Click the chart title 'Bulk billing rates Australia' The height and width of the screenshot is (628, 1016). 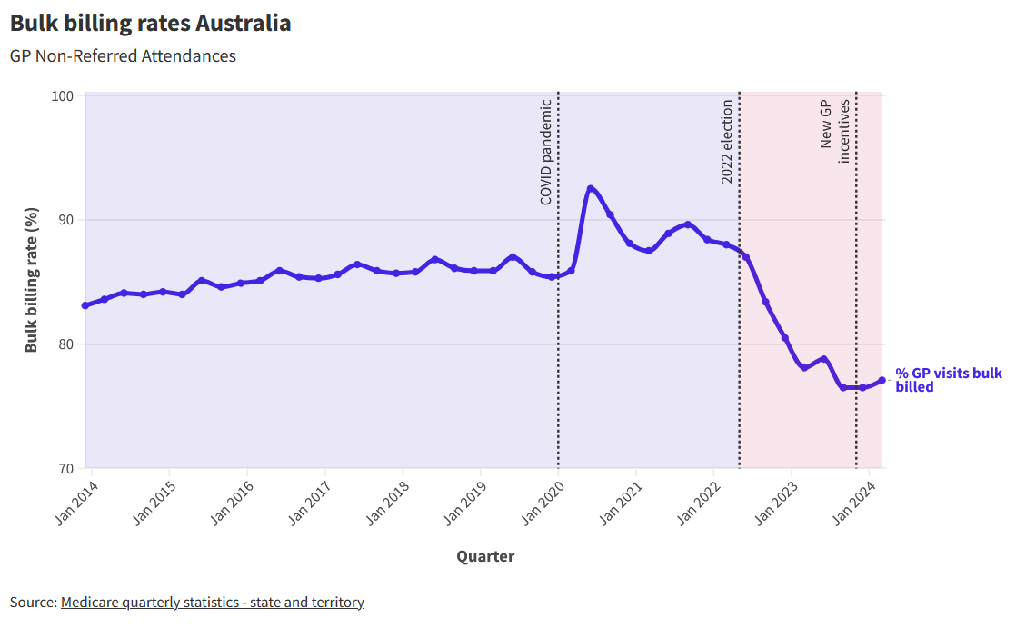tap(151, 24)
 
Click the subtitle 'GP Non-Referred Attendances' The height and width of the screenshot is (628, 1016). tap(123, 56)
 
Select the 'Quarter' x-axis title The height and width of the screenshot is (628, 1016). tap(484, 556)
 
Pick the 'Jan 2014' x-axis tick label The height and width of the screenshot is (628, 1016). tap(75, 502)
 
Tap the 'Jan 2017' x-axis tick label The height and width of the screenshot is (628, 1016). tap(309, 502)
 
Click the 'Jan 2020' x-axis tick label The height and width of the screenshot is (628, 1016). tap(543, 502)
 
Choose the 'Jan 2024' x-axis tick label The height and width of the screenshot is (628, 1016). tap(854, 502)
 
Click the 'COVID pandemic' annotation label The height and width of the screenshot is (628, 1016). tap(546, 152)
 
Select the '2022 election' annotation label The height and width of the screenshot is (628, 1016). tap(727, 141)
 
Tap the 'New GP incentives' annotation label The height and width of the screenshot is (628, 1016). tap(835, 129)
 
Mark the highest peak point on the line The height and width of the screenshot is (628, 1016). tap(591, 189)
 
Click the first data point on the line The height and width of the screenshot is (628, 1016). tap(85, 305)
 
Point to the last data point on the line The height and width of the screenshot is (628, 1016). tap(882, 380)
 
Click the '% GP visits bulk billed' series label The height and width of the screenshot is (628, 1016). tap(948, 380)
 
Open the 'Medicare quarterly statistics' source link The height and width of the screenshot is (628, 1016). tap(212, 603)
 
